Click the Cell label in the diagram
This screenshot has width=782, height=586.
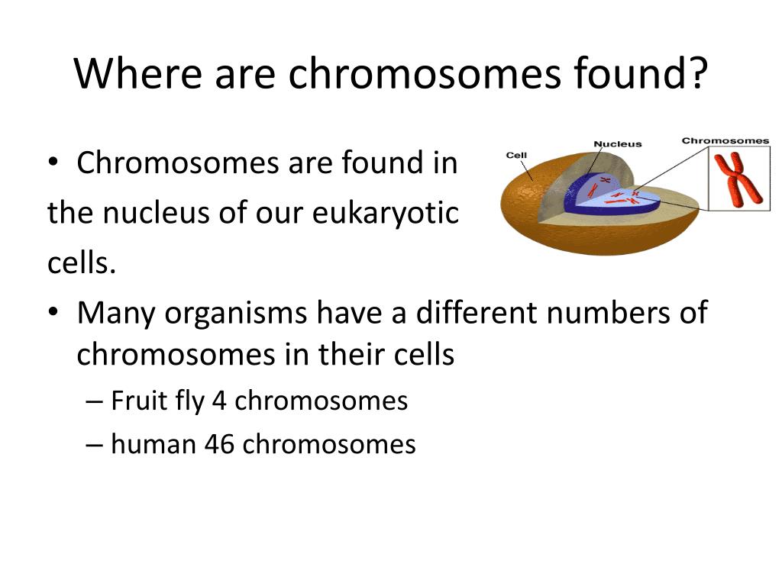(x=516, y=156)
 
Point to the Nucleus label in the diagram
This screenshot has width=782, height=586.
(x=617, y=143)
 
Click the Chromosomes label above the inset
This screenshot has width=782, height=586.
(x=725, y=140)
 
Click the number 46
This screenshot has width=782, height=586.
(x=219, y=444)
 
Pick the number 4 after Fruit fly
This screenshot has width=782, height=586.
(x=219, y=401)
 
